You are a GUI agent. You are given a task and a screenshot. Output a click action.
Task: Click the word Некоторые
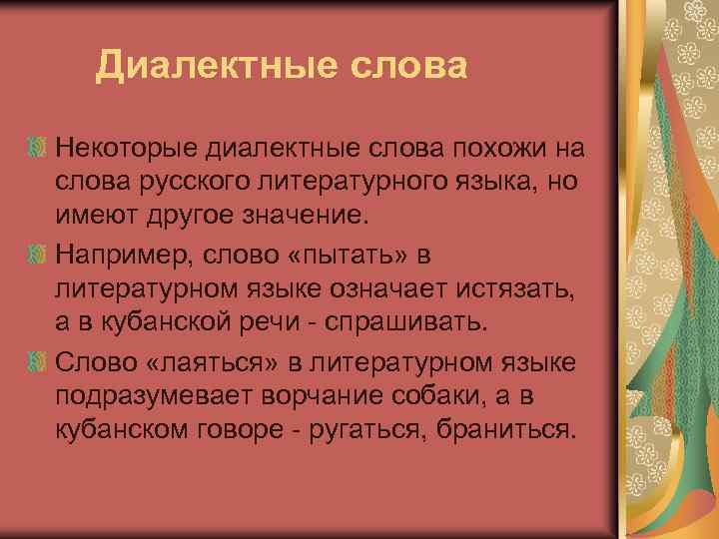click(127, 150)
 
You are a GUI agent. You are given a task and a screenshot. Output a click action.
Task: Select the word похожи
click(467, 150)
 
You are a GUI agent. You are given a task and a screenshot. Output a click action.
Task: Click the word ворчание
click(322, 395)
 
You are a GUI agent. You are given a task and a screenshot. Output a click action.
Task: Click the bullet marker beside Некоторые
click(39, 150)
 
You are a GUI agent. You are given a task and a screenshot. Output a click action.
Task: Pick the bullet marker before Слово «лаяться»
click(39, 358)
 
